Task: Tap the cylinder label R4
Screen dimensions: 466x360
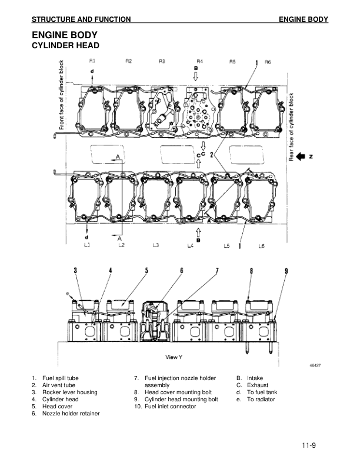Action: point(199,61)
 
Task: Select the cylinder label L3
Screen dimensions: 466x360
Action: point(156,245)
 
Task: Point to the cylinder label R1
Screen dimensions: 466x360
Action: point(92,61)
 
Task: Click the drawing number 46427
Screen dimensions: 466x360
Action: point(316,365)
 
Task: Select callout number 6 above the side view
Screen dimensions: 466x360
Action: point(182,271)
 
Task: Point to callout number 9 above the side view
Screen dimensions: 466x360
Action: point(286,271)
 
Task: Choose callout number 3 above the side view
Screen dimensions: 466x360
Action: point(75,271)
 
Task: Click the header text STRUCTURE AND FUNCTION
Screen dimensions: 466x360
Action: point(81,19)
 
